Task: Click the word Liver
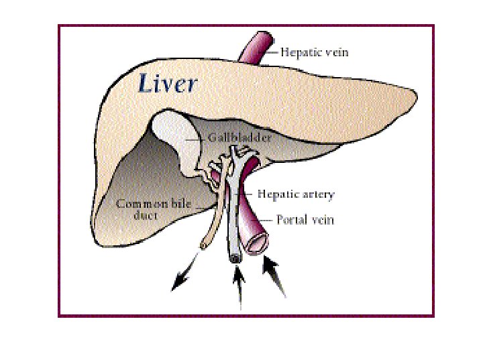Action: [x=168, y=84]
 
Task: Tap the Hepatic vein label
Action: [x=314, y=52]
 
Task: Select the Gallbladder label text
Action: [x=239, y=138]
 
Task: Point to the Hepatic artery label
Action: [x=296, y=194]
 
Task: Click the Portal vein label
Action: [x=305, y=219]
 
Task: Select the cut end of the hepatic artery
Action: [x=235, y=259]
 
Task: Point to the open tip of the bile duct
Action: [x=203, y=245]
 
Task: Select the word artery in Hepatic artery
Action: [x=318, y=195]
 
